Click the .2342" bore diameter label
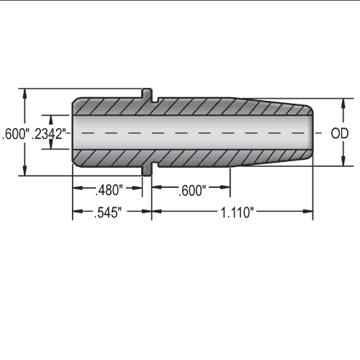[x=50, y=133]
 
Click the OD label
[x=339, y=133]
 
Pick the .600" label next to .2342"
[x=15, y=133]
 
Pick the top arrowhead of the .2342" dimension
[x=50, y=117]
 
